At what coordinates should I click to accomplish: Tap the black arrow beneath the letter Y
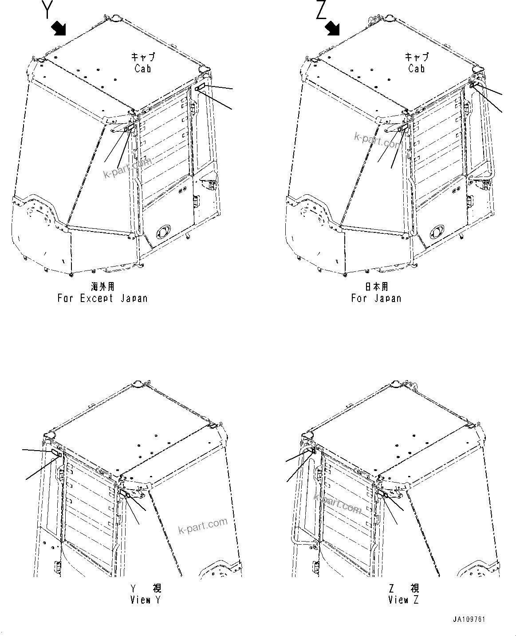pyautogui.click(x=58, y=29)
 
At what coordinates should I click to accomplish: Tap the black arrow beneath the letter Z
pyautogui.click(x=333, y=29)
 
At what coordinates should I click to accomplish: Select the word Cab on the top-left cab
pyautogui.click(x=143, y=69)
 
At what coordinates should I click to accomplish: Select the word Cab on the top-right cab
pyautogui.click(x=417, y=69)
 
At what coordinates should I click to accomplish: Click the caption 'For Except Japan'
pyautogui.click(x=102, y=298)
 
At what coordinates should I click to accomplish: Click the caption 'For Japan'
pyautogui.click(x=376, y=298)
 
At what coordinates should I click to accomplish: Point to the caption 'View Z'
pyautogui.click(x=403, y=600)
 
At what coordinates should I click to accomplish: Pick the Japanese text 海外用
pyautogui.click(x=102, y=287)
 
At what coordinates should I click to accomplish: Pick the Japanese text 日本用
pyautogui.click(x=376, y=287)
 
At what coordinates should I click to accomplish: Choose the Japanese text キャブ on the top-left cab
pyautogui.click(x=143, y=57)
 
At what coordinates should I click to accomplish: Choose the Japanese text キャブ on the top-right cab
pyautogui.click(x=417, y=57)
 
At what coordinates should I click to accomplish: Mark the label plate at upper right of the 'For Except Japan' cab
pyautogui.click(x=200, y=87)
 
